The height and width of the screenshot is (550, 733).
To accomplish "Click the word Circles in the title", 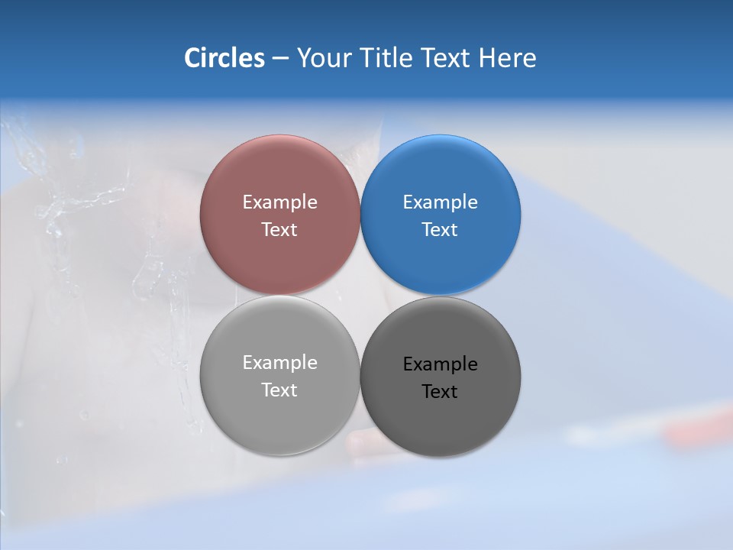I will point(224,58).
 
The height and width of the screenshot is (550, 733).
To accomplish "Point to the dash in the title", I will point(279,59).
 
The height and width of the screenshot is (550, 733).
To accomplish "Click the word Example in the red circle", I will point(279,202).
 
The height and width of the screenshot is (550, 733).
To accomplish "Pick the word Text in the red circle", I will point(279,230).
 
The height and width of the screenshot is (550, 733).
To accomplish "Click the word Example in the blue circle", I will point(441,202).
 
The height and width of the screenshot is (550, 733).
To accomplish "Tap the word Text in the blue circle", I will point(441,230).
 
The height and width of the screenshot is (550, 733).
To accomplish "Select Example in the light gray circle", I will point(279,363).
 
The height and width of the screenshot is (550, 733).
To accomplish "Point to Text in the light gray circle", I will point(279,390).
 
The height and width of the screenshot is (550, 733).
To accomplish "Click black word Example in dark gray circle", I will point(441,364).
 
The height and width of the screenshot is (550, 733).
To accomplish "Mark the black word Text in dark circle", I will point(441,392).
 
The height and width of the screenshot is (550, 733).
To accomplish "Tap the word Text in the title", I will point(446,58).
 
